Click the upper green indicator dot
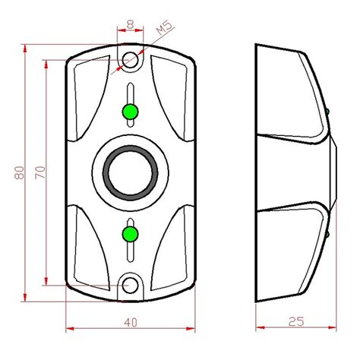tap(131, 112)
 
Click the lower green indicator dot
tap(131, 232)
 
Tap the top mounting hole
tap(131, 59)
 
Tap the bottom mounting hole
tap(131, 286)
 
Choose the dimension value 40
tap(131, 321)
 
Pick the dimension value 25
tap(296, 321)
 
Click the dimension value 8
tap(131, 24)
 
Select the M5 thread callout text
tap(162, 31)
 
